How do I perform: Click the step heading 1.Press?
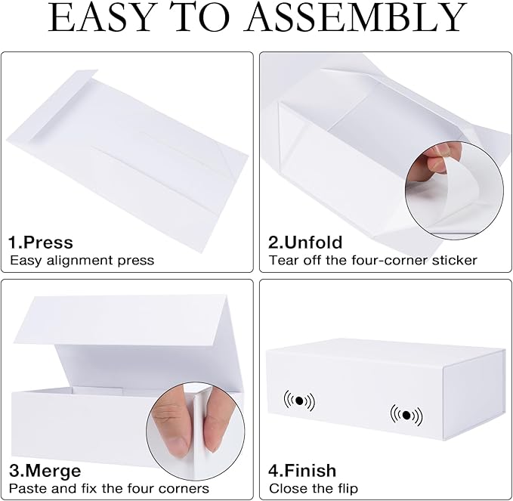pyautogui.click(x=41, y=243)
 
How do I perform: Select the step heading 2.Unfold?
pyautogui.click(x=305, y=243)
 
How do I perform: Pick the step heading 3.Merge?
pyautogui.click(x=45, y=471)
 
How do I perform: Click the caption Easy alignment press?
pyautogui.click(x=82, y=261)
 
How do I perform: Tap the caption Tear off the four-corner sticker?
pyautogui.click(x=373, y=261)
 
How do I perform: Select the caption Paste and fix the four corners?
pyautogui.click(x=109, y=489)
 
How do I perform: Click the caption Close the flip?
pyautogui.click(x=314, y=489)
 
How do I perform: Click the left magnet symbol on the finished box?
pyautogui.click(x=298, y=400)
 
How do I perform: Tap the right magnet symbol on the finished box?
pyautogui.click(x=406, y=415)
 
